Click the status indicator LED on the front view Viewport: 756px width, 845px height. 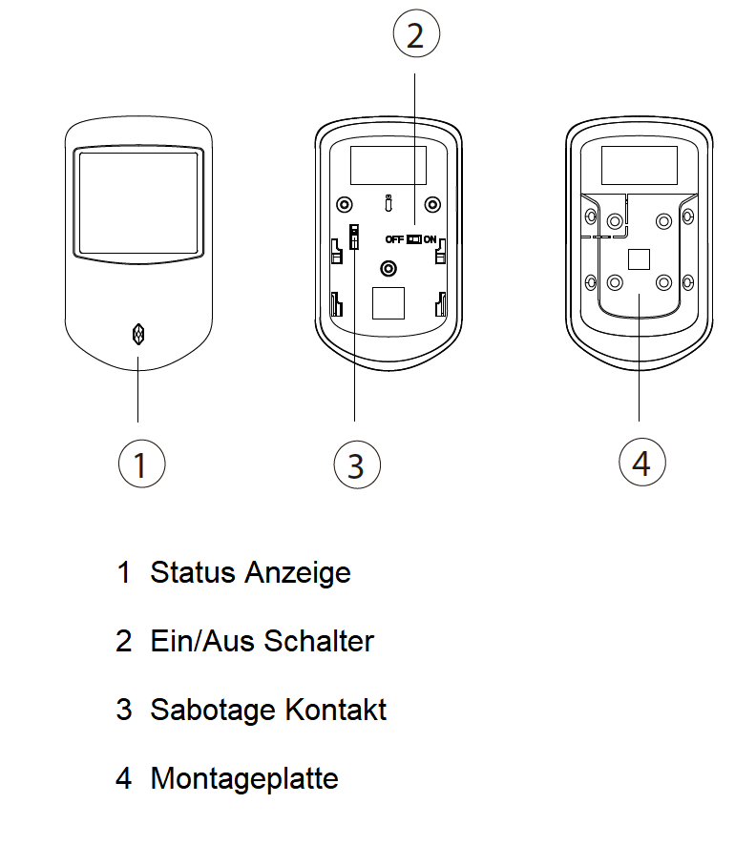click(138, 334)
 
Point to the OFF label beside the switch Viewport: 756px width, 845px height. click(394, 239)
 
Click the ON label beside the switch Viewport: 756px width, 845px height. click(430, 239)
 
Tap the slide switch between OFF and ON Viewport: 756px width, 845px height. click(413, 239)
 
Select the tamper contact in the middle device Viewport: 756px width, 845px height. click(354, 237)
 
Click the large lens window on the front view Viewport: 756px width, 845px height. click(138, 204)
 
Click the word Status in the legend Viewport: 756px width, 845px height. click(193, 572)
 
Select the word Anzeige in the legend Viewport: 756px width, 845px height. click(298, 573)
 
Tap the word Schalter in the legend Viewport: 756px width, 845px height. click(319, 641)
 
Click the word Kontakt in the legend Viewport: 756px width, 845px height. click(335, 710)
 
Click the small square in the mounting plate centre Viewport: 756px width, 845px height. click(639, 259)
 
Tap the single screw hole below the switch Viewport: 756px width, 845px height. click(388, 268)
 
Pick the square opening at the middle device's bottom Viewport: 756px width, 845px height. click(388, 303)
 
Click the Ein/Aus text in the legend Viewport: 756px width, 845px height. click(202, 641)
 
